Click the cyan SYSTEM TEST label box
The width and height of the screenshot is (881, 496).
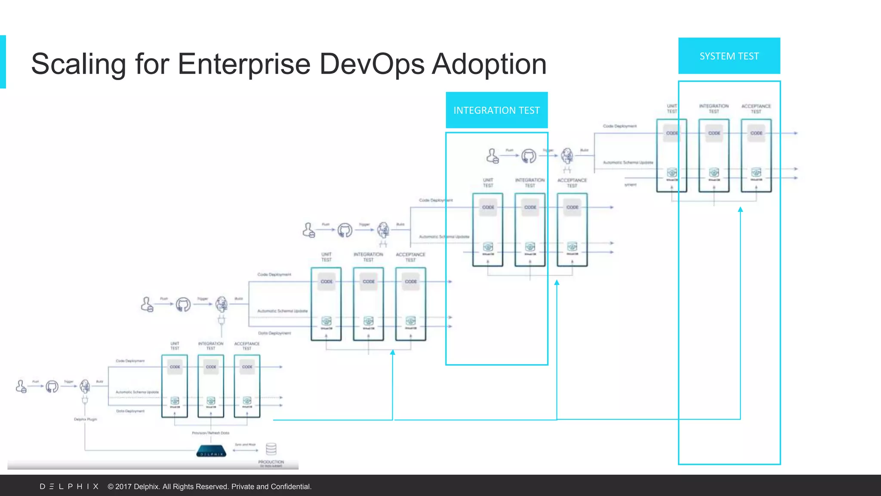point(729,56)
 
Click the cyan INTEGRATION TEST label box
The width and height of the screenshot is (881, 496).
point(496,110)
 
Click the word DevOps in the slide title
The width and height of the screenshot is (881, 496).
point(372,64)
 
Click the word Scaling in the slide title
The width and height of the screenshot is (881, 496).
point(78,64)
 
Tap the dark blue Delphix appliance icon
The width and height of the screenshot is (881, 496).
point(211,451)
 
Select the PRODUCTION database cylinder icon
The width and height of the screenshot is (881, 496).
point(271,449)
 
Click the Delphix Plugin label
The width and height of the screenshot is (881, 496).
point(86,419)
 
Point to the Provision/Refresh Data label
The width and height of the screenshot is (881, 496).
point(210,433)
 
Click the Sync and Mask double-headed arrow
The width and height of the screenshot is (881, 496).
point(245,450)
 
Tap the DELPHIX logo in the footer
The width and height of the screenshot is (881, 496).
point(69,487)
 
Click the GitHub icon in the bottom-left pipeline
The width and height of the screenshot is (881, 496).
point(52,386)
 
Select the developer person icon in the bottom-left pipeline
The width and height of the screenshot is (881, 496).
point(21,386)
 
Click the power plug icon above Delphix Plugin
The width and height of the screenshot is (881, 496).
point(85,400)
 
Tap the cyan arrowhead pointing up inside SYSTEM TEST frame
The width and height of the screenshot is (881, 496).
point(740,210)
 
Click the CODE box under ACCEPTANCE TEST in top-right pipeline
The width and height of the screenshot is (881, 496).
point(756,133)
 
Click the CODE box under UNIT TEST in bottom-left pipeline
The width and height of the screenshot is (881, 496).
point(175,367)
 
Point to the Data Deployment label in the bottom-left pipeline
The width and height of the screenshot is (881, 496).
point(130,411)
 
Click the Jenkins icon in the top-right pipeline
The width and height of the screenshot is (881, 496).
point(567,156)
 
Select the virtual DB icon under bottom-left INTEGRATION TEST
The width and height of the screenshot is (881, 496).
point(211,400)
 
